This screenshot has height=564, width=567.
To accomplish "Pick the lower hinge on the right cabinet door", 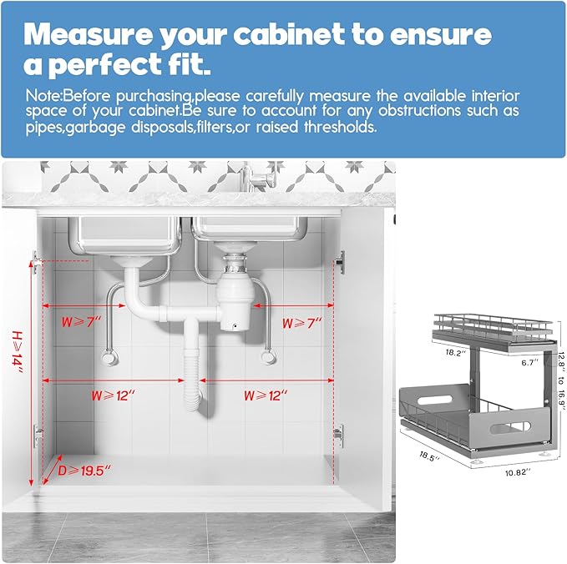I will [x=337, y=432].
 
